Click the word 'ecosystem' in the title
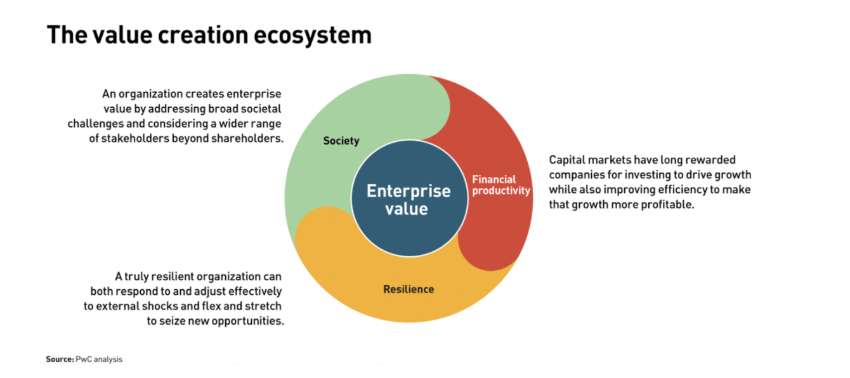312,36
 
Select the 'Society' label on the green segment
341,141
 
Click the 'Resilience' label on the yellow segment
409,289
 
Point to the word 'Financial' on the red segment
494,179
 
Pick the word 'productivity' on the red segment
501,190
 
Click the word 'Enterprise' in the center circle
409,191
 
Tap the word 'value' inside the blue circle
407,209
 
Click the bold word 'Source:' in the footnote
60,359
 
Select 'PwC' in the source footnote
84,359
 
